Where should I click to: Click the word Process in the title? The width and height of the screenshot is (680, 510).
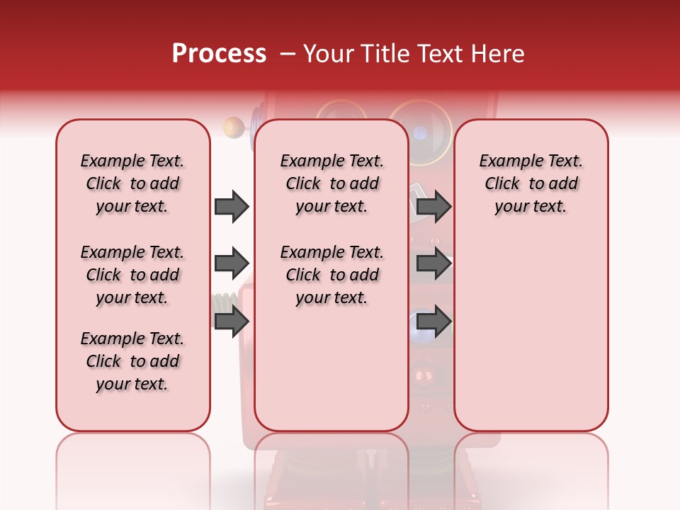point(219,54)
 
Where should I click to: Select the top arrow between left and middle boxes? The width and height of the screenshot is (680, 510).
point(231,206)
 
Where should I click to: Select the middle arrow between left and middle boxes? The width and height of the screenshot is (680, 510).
point(231,263)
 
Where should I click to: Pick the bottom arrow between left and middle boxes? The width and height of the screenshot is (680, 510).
point(231,321)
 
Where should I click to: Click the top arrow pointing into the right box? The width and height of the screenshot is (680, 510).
point(433,206)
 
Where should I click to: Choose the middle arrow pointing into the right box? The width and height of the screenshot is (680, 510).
point(433,263)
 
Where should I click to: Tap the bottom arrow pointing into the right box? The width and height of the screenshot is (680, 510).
point(433,321)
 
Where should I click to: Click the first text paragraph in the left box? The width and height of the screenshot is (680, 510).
point(132,183)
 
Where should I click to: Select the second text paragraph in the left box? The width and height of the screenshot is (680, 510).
point(132,275)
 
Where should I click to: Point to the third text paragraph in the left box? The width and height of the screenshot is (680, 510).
point(132,361)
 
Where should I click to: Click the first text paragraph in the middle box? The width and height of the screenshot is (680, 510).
point(331,183)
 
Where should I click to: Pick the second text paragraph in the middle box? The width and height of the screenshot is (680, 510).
point(331,275)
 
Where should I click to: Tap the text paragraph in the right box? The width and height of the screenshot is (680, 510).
point(531,183)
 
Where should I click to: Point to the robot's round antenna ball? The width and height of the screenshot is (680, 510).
point(232,127)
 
